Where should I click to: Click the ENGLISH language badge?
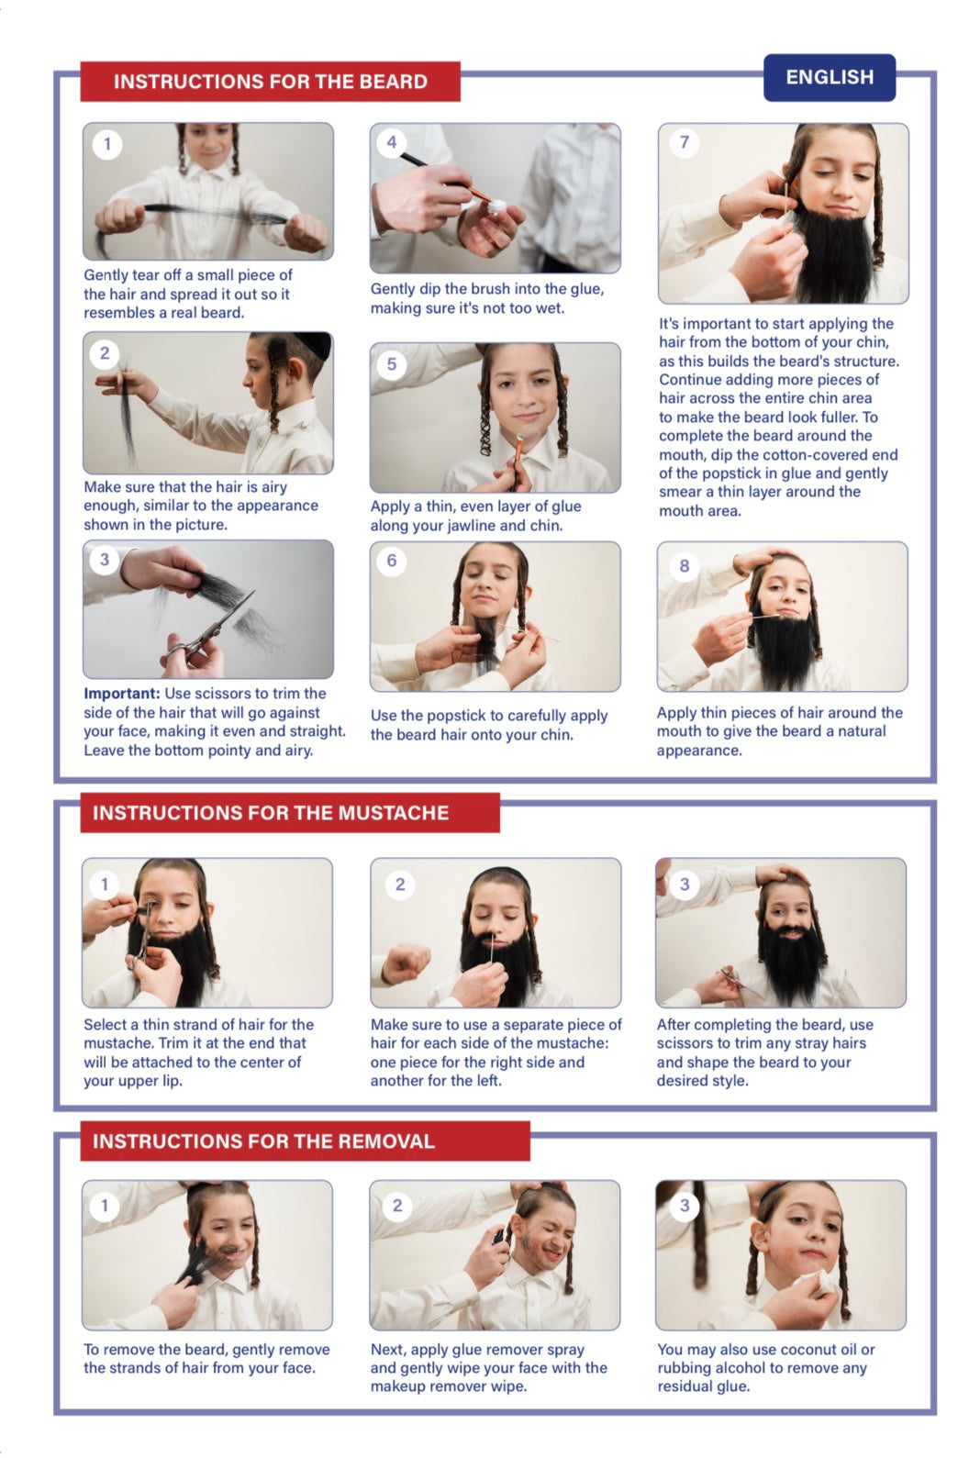pos(829,77)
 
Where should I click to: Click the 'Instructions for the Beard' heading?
pos(270,82)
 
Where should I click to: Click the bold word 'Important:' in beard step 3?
pos(122,694)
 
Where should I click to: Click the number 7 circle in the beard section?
pos(684,142)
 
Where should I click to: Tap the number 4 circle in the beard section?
pos(391,142)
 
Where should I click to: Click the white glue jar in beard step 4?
pos(496,207)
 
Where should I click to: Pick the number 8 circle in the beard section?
pos(684,565)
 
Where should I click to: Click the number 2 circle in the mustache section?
pos(399,885)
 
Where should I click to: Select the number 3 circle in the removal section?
pos(684,1206)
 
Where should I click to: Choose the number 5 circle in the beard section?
pos(391,364)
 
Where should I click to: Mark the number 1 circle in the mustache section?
pos(104,885)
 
